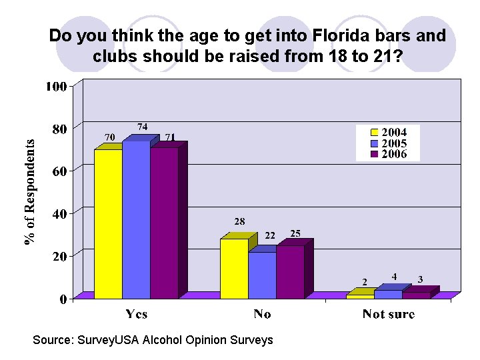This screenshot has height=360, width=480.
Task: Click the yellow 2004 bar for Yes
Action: pos(108,223)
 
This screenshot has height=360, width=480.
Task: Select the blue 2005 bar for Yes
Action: pos(136,219)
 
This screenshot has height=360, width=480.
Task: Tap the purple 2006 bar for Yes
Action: pos(164,223)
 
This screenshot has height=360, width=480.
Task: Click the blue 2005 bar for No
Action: pos(262,275)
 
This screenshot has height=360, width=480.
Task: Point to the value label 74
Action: pos(143,127)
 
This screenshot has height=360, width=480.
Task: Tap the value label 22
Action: pos(270,235)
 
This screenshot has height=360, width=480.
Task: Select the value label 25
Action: pos(295,233)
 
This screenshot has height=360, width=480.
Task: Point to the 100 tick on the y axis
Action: pos(56,87)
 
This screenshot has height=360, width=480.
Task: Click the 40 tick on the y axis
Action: pos(59,214)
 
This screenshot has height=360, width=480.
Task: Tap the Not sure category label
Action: pos(388,314)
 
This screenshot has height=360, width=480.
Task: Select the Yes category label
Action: pos(137,314)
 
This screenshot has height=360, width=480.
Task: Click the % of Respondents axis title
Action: pos(31,192)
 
